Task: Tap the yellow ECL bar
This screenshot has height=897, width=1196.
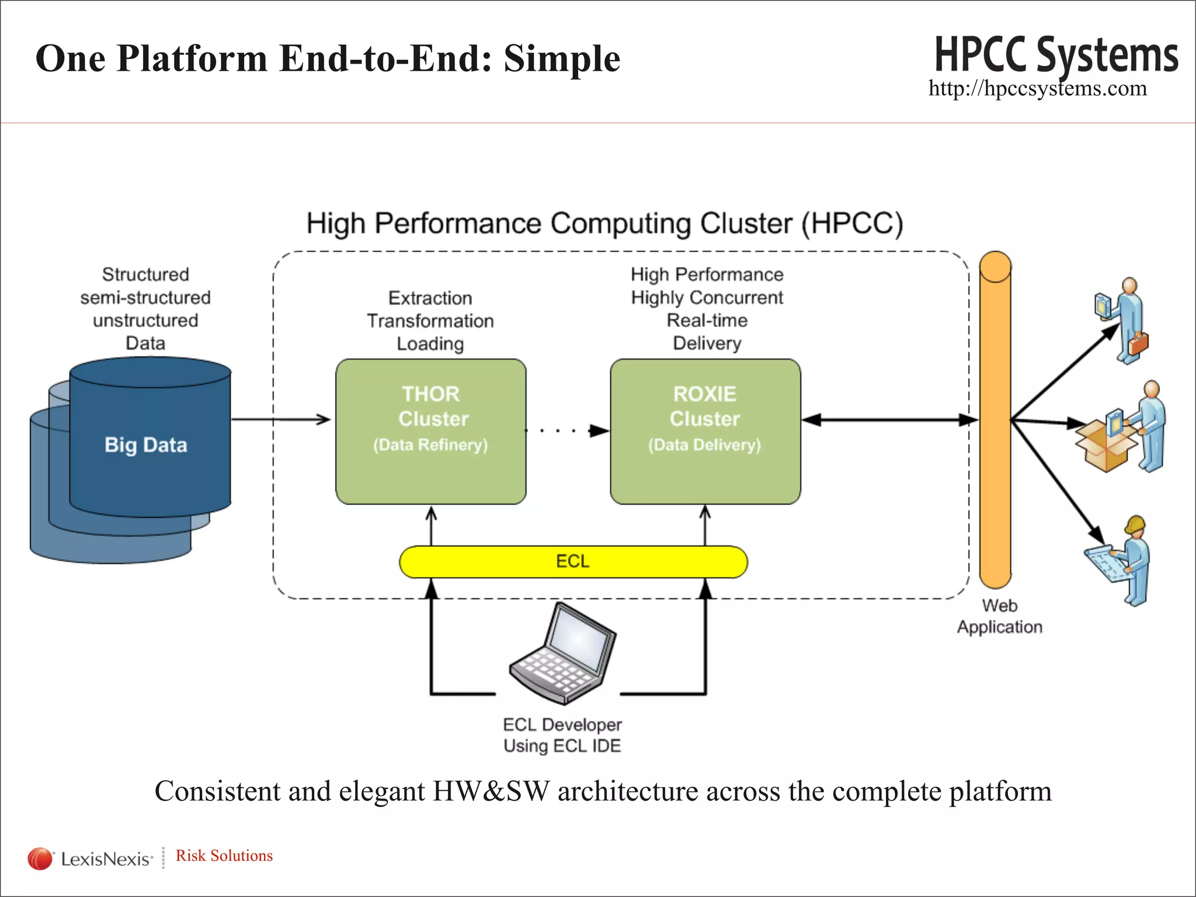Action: coord(573,562)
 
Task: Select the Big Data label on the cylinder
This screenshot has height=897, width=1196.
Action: coord(146,445)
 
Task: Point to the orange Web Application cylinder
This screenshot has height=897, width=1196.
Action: coord(995,420)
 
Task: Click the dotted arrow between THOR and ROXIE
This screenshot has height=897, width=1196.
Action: coord(566,431)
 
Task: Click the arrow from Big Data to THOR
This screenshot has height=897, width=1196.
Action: coord(280,419)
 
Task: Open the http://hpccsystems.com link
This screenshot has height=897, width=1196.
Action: coord(1037,89)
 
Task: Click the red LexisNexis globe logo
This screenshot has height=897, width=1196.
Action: coord(40,858)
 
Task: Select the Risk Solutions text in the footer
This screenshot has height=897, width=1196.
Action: coord(224,856)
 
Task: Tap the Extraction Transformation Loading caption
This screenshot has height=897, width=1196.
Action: coord(430,321)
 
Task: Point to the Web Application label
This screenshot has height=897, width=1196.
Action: coord(999,616)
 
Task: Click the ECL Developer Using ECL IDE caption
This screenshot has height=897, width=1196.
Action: coord(562,735)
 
